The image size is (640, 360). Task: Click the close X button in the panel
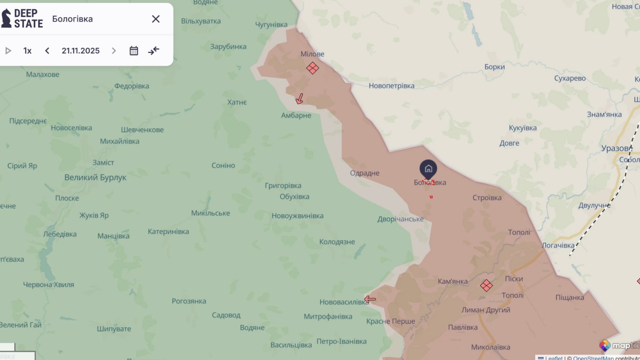click(156, 19)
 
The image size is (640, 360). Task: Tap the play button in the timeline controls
click(8, 51)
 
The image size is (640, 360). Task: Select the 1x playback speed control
click(27, 51)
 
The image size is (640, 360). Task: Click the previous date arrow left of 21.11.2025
click(47, 51)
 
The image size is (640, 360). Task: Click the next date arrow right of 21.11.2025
click(114, 51)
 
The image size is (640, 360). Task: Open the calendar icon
click(134, 51)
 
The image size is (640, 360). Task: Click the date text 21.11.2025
click(81, 51)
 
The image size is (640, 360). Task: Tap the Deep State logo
click(22, 18)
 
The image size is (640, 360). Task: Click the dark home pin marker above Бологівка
click(428, 169)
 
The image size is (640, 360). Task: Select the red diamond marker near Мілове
click(312, 68)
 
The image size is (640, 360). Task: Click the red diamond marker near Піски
click(486, 285)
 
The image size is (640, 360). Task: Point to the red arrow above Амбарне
click(300, 99)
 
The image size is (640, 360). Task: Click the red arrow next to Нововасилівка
click(370, 299)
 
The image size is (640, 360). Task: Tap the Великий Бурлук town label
click(95, 177)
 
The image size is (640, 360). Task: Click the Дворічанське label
click(400, 219)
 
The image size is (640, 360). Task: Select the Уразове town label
click(616, 148)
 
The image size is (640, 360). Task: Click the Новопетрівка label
click(391, 86)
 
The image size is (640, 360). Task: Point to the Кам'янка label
click(452, 282)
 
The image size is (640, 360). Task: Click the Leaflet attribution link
click(553, 358)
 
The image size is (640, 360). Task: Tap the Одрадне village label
click(364, 173)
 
